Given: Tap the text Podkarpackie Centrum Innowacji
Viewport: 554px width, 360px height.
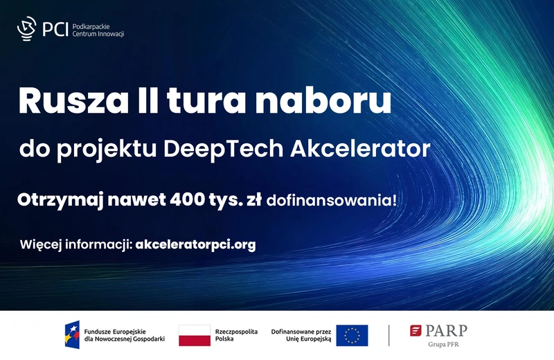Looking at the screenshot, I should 99,30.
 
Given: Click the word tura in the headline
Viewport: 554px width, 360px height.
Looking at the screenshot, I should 205,101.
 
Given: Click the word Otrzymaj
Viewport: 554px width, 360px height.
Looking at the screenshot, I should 59,201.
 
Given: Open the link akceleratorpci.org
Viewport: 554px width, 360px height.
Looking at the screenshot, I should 196,244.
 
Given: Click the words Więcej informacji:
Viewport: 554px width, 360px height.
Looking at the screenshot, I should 77,244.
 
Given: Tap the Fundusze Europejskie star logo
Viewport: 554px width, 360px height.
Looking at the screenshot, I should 72,335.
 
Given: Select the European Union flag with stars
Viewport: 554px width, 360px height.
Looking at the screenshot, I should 352,336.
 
